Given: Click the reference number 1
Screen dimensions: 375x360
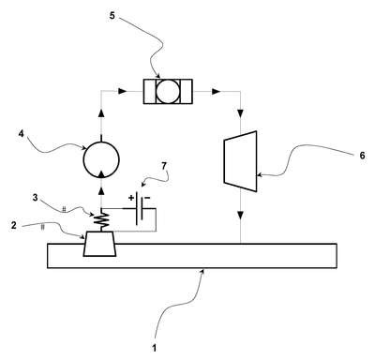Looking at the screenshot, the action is pyautogui.click(x=154, y=348).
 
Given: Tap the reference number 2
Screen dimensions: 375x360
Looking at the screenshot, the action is pyautogui.click(x=14, y=225).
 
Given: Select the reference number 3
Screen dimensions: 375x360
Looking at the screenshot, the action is pyautogui.click(x=36, y=198).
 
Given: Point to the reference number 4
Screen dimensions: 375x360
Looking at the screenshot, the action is pyautogui.click(x=21, y=134).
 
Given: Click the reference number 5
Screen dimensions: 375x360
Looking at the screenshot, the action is pyautogui.click(x=112, y=16).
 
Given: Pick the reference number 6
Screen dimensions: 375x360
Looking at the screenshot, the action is pyautogui.click(x=362, y=156).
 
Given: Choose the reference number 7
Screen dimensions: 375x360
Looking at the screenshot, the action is pyautogui.click(x=164, y=166).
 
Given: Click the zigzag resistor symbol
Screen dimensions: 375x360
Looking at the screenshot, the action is pyautogui.click(x=101, y=220).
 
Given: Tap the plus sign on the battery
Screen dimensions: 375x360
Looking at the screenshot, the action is pyautogui.click(x=131, y=198).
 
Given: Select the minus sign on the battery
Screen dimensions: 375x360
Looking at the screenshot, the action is pyautogui.click(x=147, y=198).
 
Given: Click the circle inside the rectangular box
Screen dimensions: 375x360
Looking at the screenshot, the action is pyautogui.click(x=168, y=92).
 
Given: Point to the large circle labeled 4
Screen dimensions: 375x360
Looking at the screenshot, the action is pyautogui.click(x=101, y=160).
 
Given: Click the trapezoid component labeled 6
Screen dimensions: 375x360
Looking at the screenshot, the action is pyautogui.click(x=241, y=161).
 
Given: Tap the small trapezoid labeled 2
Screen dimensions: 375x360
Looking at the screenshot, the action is pyautogui.click(x=100, y=244).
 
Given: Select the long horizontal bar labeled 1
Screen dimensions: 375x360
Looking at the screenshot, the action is pyautogui.click(x=192, y=256).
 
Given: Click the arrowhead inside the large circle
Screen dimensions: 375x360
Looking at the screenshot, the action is pyautogui.click(x=101, y=174).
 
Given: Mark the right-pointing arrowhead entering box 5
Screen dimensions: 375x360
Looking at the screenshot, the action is pyautogui.click(x=123, y=92).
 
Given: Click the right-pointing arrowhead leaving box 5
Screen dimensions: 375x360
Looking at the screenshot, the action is pyautogui.click(x=217, y=92).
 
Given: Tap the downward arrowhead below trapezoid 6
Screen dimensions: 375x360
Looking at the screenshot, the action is pyautogui.click(x=241, y=216).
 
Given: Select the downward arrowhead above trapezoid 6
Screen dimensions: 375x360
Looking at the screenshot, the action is pyautogui.click(x=241, y=112).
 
